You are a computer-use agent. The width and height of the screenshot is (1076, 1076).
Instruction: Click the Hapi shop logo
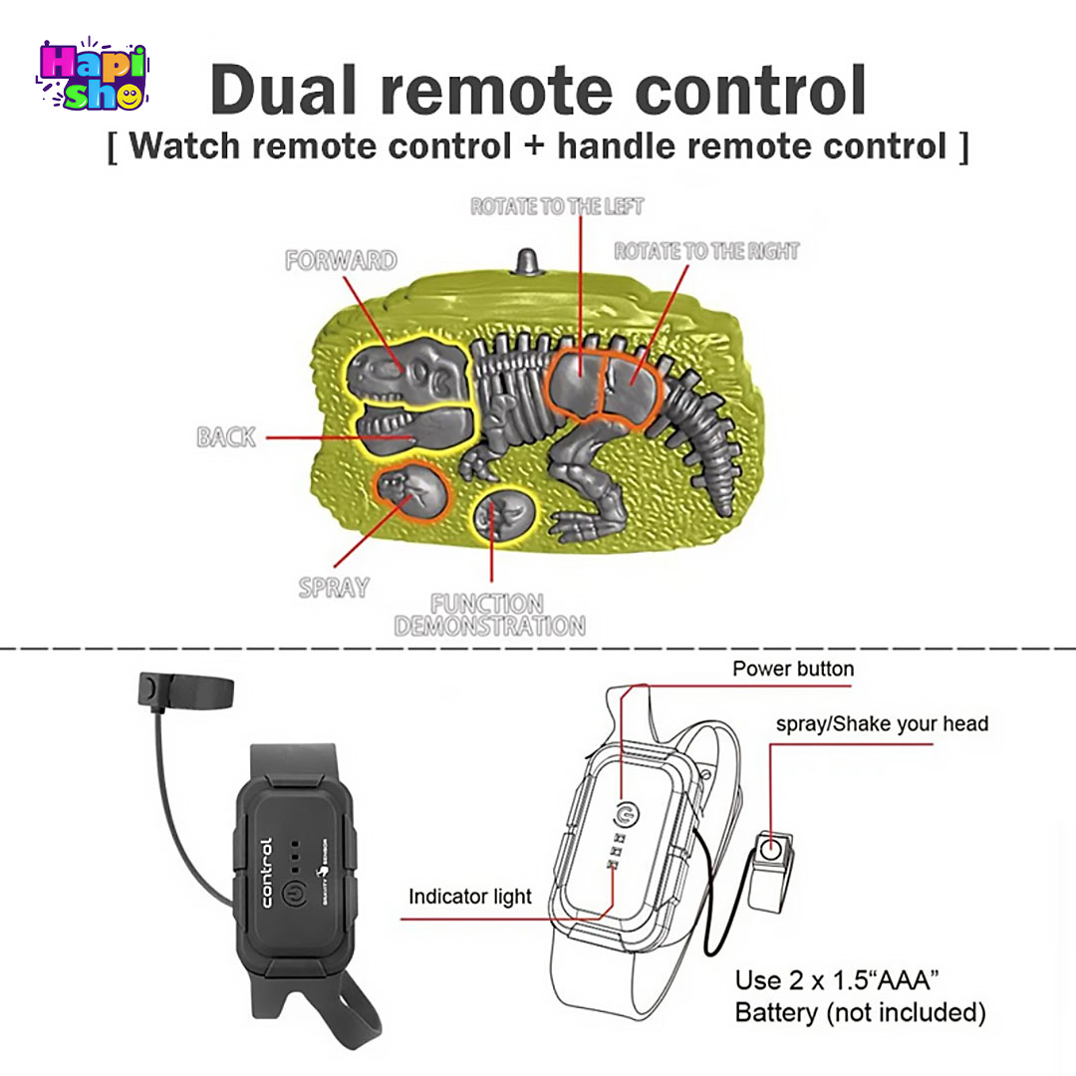[92, 75]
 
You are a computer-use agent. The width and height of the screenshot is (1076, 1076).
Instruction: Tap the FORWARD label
[341, 261]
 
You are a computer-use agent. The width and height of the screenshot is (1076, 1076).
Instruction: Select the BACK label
[226, 436]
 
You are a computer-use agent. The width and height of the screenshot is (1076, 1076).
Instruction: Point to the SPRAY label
[333, 588]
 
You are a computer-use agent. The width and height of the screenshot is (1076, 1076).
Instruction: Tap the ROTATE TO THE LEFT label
[557, 207]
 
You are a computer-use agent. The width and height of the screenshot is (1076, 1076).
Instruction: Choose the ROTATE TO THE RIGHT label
[706, 251]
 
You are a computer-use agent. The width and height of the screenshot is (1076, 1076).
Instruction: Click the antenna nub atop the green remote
[525, 262]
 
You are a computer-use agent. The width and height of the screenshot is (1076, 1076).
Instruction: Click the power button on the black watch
[294, 893]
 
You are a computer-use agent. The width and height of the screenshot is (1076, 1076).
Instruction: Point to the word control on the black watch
[267, 872]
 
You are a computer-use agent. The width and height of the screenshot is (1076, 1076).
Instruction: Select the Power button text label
[793, 669]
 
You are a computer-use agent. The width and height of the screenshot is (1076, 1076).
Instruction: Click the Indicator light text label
[470, 897]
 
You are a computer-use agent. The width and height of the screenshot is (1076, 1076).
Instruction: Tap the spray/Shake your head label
[882, 723]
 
